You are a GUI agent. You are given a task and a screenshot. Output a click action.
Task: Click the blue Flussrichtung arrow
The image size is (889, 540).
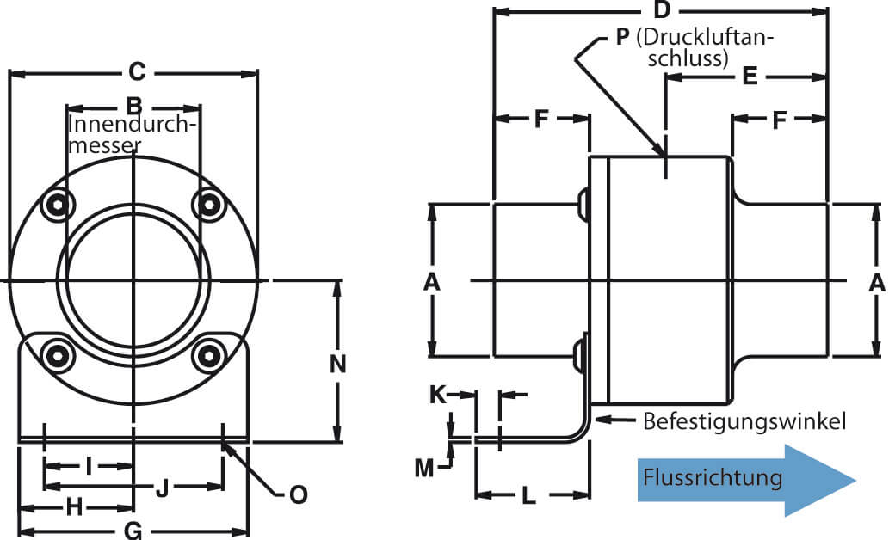[746, 480]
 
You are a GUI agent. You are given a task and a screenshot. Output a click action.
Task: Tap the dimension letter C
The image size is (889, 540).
[137, 72]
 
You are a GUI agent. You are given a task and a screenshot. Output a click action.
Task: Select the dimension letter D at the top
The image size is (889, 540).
[662, 9]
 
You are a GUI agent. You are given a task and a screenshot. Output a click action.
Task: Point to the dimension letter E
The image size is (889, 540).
[750, 76]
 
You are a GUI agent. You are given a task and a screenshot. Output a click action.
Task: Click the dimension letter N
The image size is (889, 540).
[338, 364]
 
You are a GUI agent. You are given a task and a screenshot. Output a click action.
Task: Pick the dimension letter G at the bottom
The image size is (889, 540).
[133, 531]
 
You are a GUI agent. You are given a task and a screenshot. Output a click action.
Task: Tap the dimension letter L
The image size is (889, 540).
[528, 496]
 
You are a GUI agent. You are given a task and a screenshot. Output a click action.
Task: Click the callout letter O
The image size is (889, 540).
[299, 494]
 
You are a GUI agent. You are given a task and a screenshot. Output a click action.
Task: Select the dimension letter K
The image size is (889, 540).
[438, 395]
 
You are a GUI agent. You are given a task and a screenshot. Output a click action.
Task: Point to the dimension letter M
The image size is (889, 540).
[424, 469]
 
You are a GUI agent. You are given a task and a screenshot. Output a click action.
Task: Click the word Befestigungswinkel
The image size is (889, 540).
[744, 422]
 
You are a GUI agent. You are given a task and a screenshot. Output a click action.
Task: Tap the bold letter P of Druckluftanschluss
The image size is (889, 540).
[622, 37]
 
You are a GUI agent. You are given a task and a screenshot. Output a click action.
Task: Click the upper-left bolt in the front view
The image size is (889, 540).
[58, 204]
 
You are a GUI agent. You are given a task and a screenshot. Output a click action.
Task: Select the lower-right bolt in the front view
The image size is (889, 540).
[209, 356]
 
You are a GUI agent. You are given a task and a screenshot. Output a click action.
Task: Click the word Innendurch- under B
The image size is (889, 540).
[133, 124]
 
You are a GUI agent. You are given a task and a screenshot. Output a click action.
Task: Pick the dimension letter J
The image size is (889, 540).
[163, 488]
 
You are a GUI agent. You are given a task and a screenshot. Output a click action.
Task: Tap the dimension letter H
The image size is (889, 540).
[74, 507]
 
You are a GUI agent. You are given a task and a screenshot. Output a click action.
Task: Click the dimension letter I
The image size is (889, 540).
[89, 466]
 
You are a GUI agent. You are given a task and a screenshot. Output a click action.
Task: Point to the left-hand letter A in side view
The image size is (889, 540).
[432, 282]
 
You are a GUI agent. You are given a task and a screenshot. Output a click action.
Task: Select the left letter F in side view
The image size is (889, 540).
[541, 119]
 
